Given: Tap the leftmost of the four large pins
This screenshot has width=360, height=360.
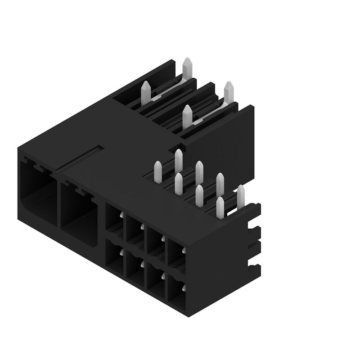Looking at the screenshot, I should pyautogui.click(x=146, y=92).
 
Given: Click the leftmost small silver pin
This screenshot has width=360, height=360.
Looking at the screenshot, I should pyautogui.click(x=158, y=171).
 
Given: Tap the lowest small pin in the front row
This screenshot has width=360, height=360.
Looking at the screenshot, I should pyautogui.click(x=220, y=207).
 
